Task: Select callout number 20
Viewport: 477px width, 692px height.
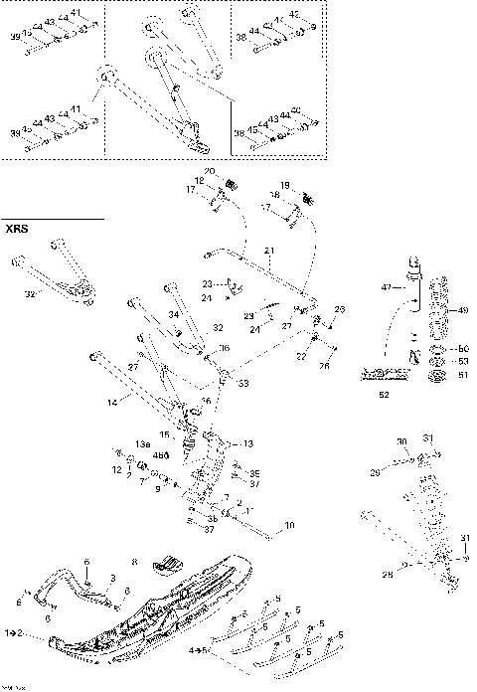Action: coord(210,172)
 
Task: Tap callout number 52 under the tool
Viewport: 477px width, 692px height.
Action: coord(386,395)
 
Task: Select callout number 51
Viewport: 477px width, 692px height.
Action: coord(462,375)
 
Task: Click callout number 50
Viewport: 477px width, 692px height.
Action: coord(462,349)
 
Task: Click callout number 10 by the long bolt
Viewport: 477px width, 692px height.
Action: coord(290,524)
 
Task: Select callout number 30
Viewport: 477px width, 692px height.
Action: coord(401,441)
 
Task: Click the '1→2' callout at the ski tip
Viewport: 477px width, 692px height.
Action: coord(13,632)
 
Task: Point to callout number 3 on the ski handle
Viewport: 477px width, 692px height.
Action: coord(113,578)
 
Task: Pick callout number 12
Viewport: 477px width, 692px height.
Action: coord(116,468)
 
